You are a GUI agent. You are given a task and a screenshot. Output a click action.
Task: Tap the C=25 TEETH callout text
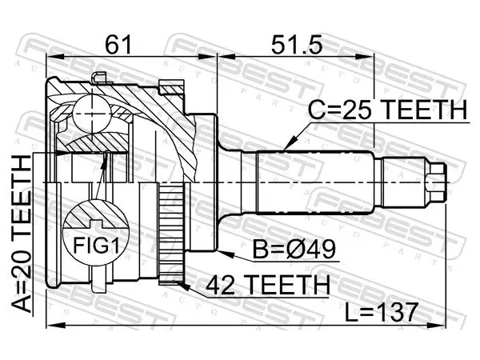coord(387,110)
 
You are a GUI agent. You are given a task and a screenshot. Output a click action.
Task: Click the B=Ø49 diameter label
coord(294,249)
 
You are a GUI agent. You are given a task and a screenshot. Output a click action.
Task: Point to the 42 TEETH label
coord(268,285)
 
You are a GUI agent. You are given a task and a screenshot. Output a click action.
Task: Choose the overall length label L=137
coord(381,312)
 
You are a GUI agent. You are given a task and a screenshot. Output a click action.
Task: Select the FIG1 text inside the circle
coord(96,245)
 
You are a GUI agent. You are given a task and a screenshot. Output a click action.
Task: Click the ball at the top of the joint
coord(92,114)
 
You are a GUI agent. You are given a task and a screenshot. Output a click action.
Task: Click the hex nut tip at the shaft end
coord(436,182)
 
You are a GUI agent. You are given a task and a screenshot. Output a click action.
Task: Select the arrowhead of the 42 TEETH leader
coord(184,287)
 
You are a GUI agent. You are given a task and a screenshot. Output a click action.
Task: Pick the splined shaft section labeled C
coord(315,182)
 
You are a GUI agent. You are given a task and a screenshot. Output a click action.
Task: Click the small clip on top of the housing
coord(100,78)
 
